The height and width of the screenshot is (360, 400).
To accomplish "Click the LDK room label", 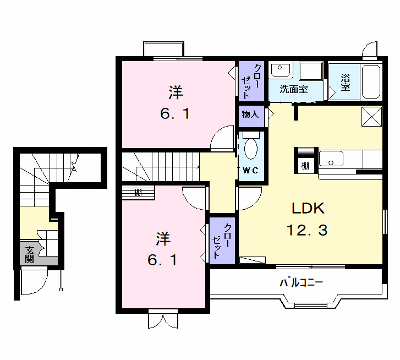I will point(308,208).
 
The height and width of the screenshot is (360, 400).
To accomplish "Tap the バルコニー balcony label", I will point(301,283).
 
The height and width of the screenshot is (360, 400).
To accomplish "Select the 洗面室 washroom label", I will point(293,89).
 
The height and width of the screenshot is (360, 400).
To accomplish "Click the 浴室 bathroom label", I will point(346,82).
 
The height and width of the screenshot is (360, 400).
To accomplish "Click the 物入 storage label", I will point(250,114).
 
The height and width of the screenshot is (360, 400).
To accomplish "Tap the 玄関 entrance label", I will point(29,254).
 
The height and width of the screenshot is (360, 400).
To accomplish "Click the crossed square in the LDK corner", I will point(371,116).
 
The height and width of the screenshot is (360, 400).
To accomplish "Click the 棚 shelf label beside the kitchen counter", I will point(304,165).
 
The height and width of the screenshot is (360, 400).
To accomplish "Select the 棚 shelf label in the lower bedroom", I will point(139,193).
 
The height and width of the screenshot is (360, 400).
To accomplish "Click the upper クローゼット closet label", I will point(246,80).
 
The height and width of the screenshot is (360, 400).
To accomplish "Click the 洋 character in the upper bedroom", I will point(176,92).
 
